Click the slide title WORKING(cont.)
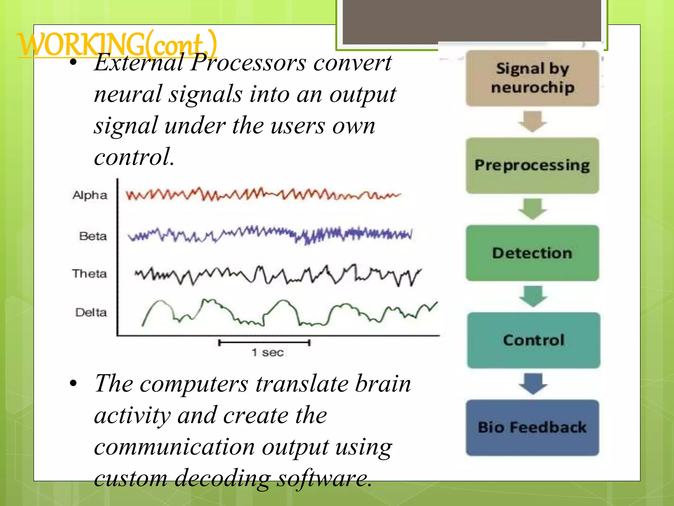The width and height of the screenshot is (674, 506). point(117,44)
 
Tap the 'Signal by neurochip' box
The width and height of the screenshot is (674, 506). point(532,78)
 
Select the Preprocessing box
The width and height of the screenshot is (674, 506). point(532,165)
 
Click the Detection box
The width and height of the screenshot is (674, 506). point(532,253)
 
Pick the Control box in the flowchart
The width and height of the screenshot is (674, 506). point(533,340)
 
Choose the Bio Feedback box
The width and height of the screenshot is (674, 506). point(532,428)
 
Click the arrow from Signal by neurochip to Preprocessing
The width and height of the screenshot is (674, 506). point(532,122)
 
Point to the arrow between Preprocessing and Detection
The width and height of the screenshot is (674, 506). point(532,209)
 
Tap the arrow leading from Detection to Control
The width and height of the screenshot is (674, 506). point(533,296)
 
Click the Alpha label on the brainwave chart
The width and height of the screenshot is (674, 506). point(90,195)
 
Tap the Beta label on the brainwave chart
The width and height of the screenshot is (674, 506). point(93,236)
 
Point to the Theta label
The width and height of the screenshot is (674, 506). point(90,274)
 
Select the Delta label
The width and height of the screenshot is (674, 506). point(91,312)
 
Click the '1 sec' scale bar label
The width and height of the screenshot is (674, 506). point(267,352)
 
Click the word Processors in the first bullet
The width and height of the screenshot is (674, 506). point(248,62)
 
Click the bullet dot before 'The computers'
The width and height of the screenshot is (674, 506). point(73,383)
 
